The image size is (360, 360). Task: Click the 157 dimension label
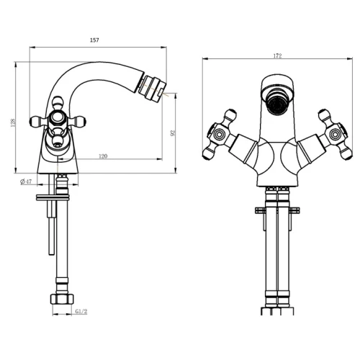pos(94,40)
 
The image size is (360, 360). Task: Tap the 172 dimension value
pos(277,56)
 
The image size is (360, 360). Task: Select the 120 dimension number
pos(103,156)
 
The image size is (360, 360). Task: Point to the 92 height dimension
pos(172,133)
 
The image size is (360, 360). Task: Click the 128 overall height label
pos(13,122)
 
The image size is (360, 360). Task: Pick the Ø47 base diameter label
pos(26,181)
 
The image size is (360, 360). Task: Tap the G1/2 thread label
pos(81,312)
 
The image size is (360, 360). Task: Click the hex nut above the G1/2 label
pos(62,300)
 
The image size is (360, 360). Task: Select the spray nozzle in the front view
pos(278,105)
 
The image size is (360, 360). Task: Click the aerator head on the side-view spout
pos(152,88)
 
